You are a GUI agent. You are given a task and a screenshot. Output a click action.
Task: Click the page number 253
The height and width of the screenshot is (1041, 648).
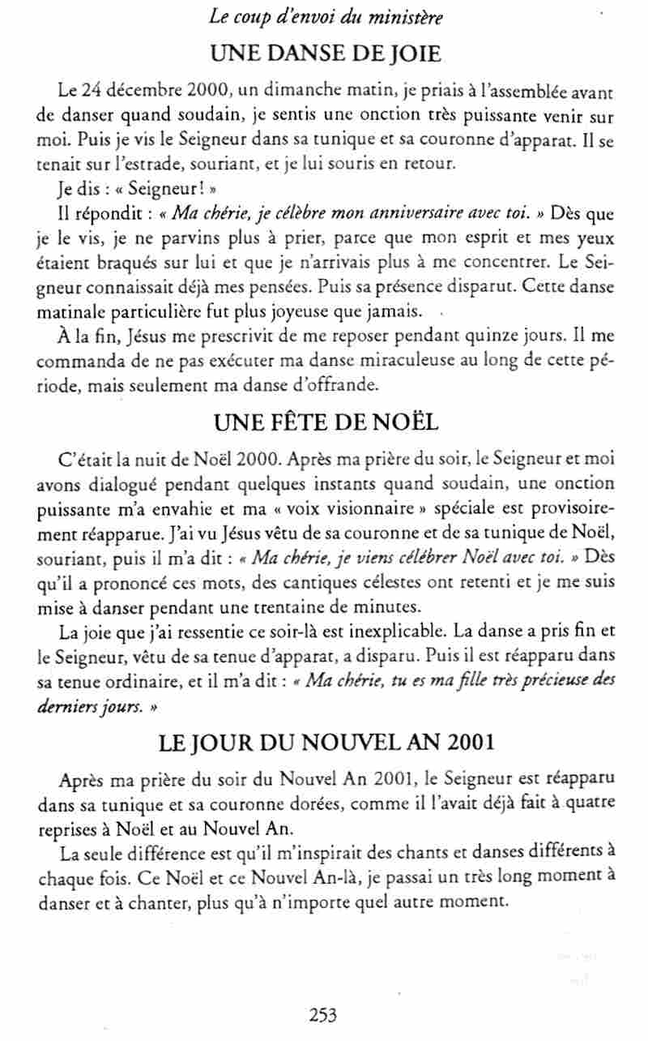click(x=322, y=1014)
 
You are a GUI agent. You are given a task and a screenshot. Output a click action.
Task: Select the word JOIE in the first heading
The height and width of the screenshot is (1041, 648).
click(x=412, y=54)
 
